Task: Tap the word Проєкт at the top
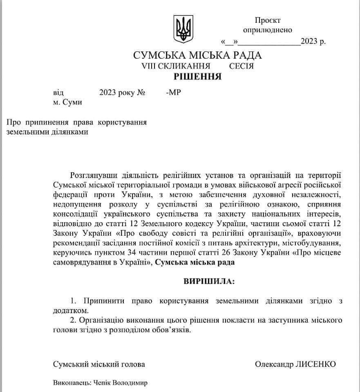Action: [x=268, y=20]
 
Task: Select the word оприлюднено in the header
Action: [x=268, y=30]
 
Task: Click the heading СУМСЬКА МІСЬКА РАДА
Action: [x=197, y=55]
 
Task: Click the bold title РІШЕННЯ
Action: [x=198, y=76]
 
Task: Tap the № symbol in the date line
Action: [x=141, y=93]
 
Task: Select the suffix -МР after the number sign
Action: [x=174, y=93]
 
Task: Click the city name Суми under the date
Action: [x=72, y=102]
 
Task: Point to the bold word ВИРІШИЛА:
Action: [x=209, y=282]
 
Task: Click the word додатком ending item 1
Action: [x=68, y=310]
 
